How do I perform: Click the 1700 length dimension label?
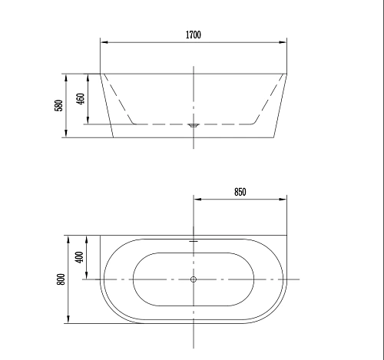click(193, 35)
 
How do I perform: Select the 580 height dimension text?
click(58, 105)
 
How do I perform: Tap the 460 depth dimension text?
click(79, 99)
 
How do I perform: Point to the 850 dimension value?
click(240, 193)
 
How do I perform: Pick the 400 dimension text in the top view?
click(79, 257)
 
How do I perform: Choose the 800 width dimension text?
click(61, 279)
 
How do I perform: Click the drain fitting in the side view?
click(194, 123)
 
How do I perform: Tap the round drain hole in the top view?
click(194, 279)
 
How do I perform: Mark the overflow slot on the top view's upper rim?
click(194, 240)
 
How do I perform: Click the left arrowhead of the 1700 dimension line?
click(104, 42)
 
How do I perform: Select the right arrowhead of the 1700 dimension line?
click(283, 42)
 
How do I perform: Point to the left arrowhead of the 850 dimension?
click(197, 200)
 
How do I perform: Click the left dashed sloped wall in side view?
click(119, 99)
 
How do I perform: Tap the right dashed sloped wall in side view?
click(268, 99)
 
